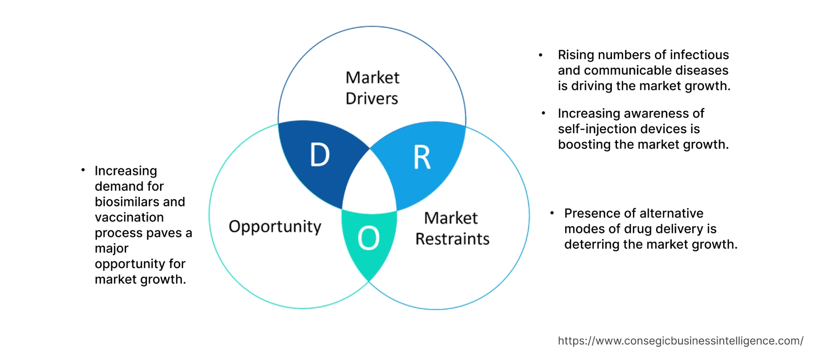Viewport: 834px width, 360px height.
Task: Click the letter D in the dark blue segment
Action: point(320,155)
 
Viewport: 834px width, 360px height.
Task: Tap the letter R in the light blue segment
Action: point(422,158)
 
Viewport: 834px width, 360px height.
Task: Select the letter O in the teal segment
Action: point(368,238)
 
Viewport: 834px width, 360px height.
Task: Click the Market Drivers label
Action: point(372,88)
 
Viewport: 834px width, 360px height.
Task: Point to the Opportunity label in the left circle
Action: point(275,226)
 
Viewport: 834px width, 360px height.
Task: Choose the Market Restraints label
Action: point(452,228)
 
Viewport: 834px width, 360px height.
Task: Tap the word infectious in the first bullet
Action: point(699,55)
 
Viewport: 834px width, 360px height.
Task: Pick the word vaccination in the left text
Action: point(129,218)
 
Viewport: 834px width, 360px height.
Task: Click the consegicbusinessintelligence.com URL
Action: point(680,341)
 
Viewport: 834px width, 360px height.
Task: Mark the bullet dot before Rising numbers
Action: point(541,55)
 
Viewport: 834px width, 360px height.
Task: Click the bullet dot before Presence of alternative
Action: point(552,213)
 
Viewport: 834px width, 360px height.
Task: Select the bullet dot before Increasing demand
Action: point(83,170)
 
